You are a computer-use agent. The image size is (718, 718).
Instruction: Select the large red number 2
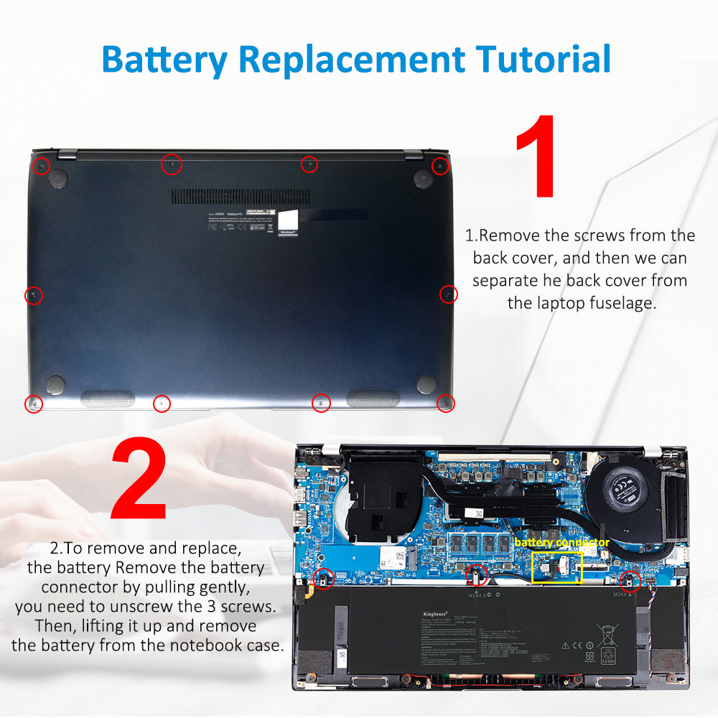(139, 480)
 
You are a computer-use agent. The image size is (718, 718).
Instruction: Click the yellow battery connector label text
(561, 543)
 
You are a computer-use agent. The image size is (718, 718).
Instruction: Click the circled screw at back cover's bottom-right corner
(446, 403)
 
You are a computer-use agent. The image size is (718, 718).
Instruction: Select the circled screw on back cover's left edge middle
(34, 295)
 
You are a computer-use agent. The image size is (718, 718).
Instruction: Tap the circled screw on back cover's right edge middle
(448, 294)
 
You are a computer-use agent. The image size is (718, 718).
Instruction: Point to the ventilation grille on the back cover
(241, 197)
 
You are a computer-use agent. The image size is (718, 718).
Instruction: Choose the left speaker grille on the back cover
(108, 398)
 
